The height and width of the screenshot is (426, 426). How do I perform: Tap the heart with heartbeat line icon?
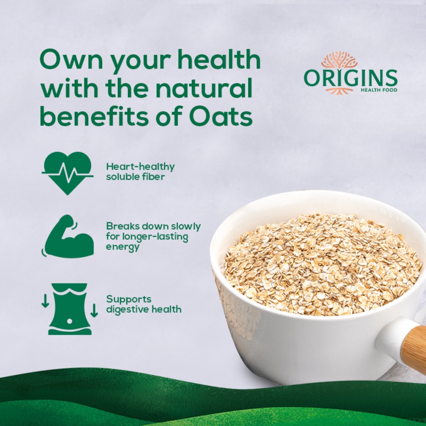click(x=67, y=173)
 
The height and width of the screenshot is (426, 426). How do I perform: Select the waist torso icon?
click(x=69, y=309)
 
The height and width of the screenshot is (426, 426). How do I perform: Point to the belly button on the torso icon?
click(x=69, y=322)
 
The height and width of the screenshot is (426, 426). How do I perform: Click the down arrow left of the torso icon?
click(x=45, y=301)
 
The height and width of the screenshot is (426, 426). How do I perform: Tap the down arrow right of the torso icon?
click(x=94, y=310)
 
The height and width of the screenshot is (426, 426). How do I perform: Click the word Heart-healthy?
click(x=140, y=167)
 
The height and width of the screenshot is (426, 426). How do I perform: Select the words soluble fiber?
click(x=135, y=176)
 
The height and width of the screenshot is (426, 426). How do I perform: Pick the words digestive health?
click(x=144, y=309)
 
